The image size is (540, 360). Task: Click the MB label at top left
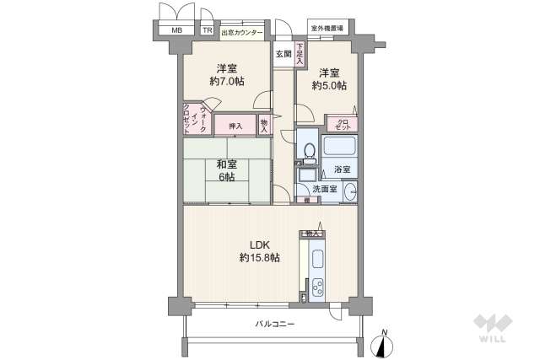177,33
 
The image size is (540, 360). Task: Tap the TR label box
207,33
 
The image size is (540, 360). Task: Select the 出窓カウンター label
242,34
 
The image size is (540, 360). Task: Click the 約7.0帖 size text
225,82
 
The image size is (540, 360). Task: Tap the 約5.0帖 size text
328,86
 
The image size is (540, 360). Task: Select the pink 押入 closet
235,126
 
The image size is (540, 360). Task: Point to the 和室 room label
226,165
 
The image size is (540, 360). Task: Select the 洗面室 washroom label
326,189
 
